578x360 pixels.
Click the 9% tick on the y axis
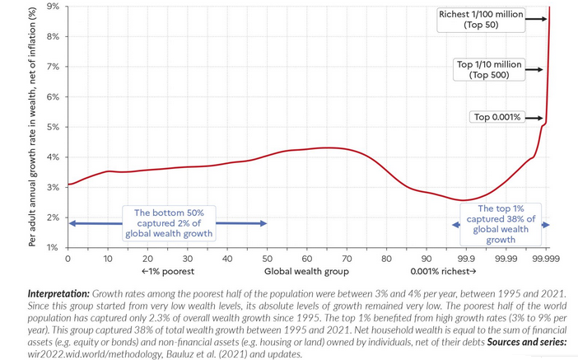[x=53, y=7]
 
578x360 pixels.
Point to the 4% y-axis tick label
[x=53, y=157]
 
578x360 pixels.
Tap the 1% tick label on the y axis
[x=53, y=247]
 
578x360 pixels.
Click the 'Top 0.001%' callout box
[x=496, y=117]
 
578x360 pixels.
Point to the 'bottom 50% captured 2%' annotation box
[x=170, y=223]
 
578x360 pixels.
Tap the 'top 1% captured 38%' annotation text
[x=501, y=224]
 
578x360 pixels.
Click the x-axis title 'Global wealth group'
[x=306, y=271]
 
